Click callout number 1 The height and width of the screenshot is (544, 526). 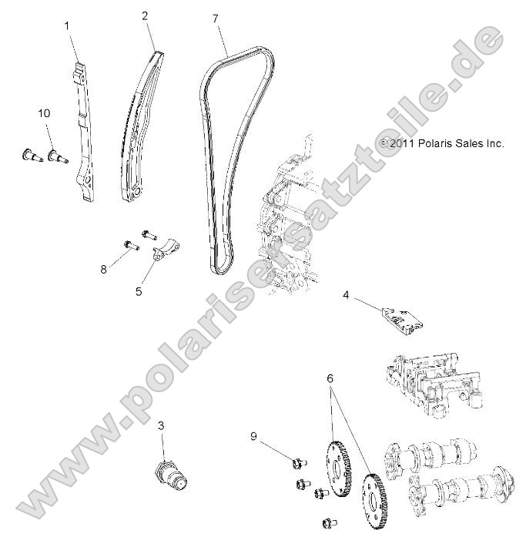click(x=66, y=25)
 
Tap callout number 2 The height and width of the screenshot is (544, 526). click(x=145, y=15)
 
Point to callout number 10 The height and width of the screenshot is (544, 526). click(x=44, y=112)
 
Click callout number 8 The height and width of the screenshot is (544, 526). click(x=104, y=270)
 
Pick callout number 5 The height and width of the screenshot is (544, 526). click(x=139, y=292)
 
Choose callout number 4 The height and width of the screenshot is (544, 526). click(x=346, y=294)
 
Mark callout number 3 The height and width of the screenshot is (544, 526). click(x=161, y=425)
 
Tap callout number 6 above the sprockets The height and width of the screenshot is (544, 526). click(x=330, y=378)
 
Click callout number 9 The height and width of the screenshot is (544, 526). click(x=253, y=436)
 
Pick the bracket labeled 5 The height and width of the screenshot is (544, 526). click(x=169, y=250)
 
